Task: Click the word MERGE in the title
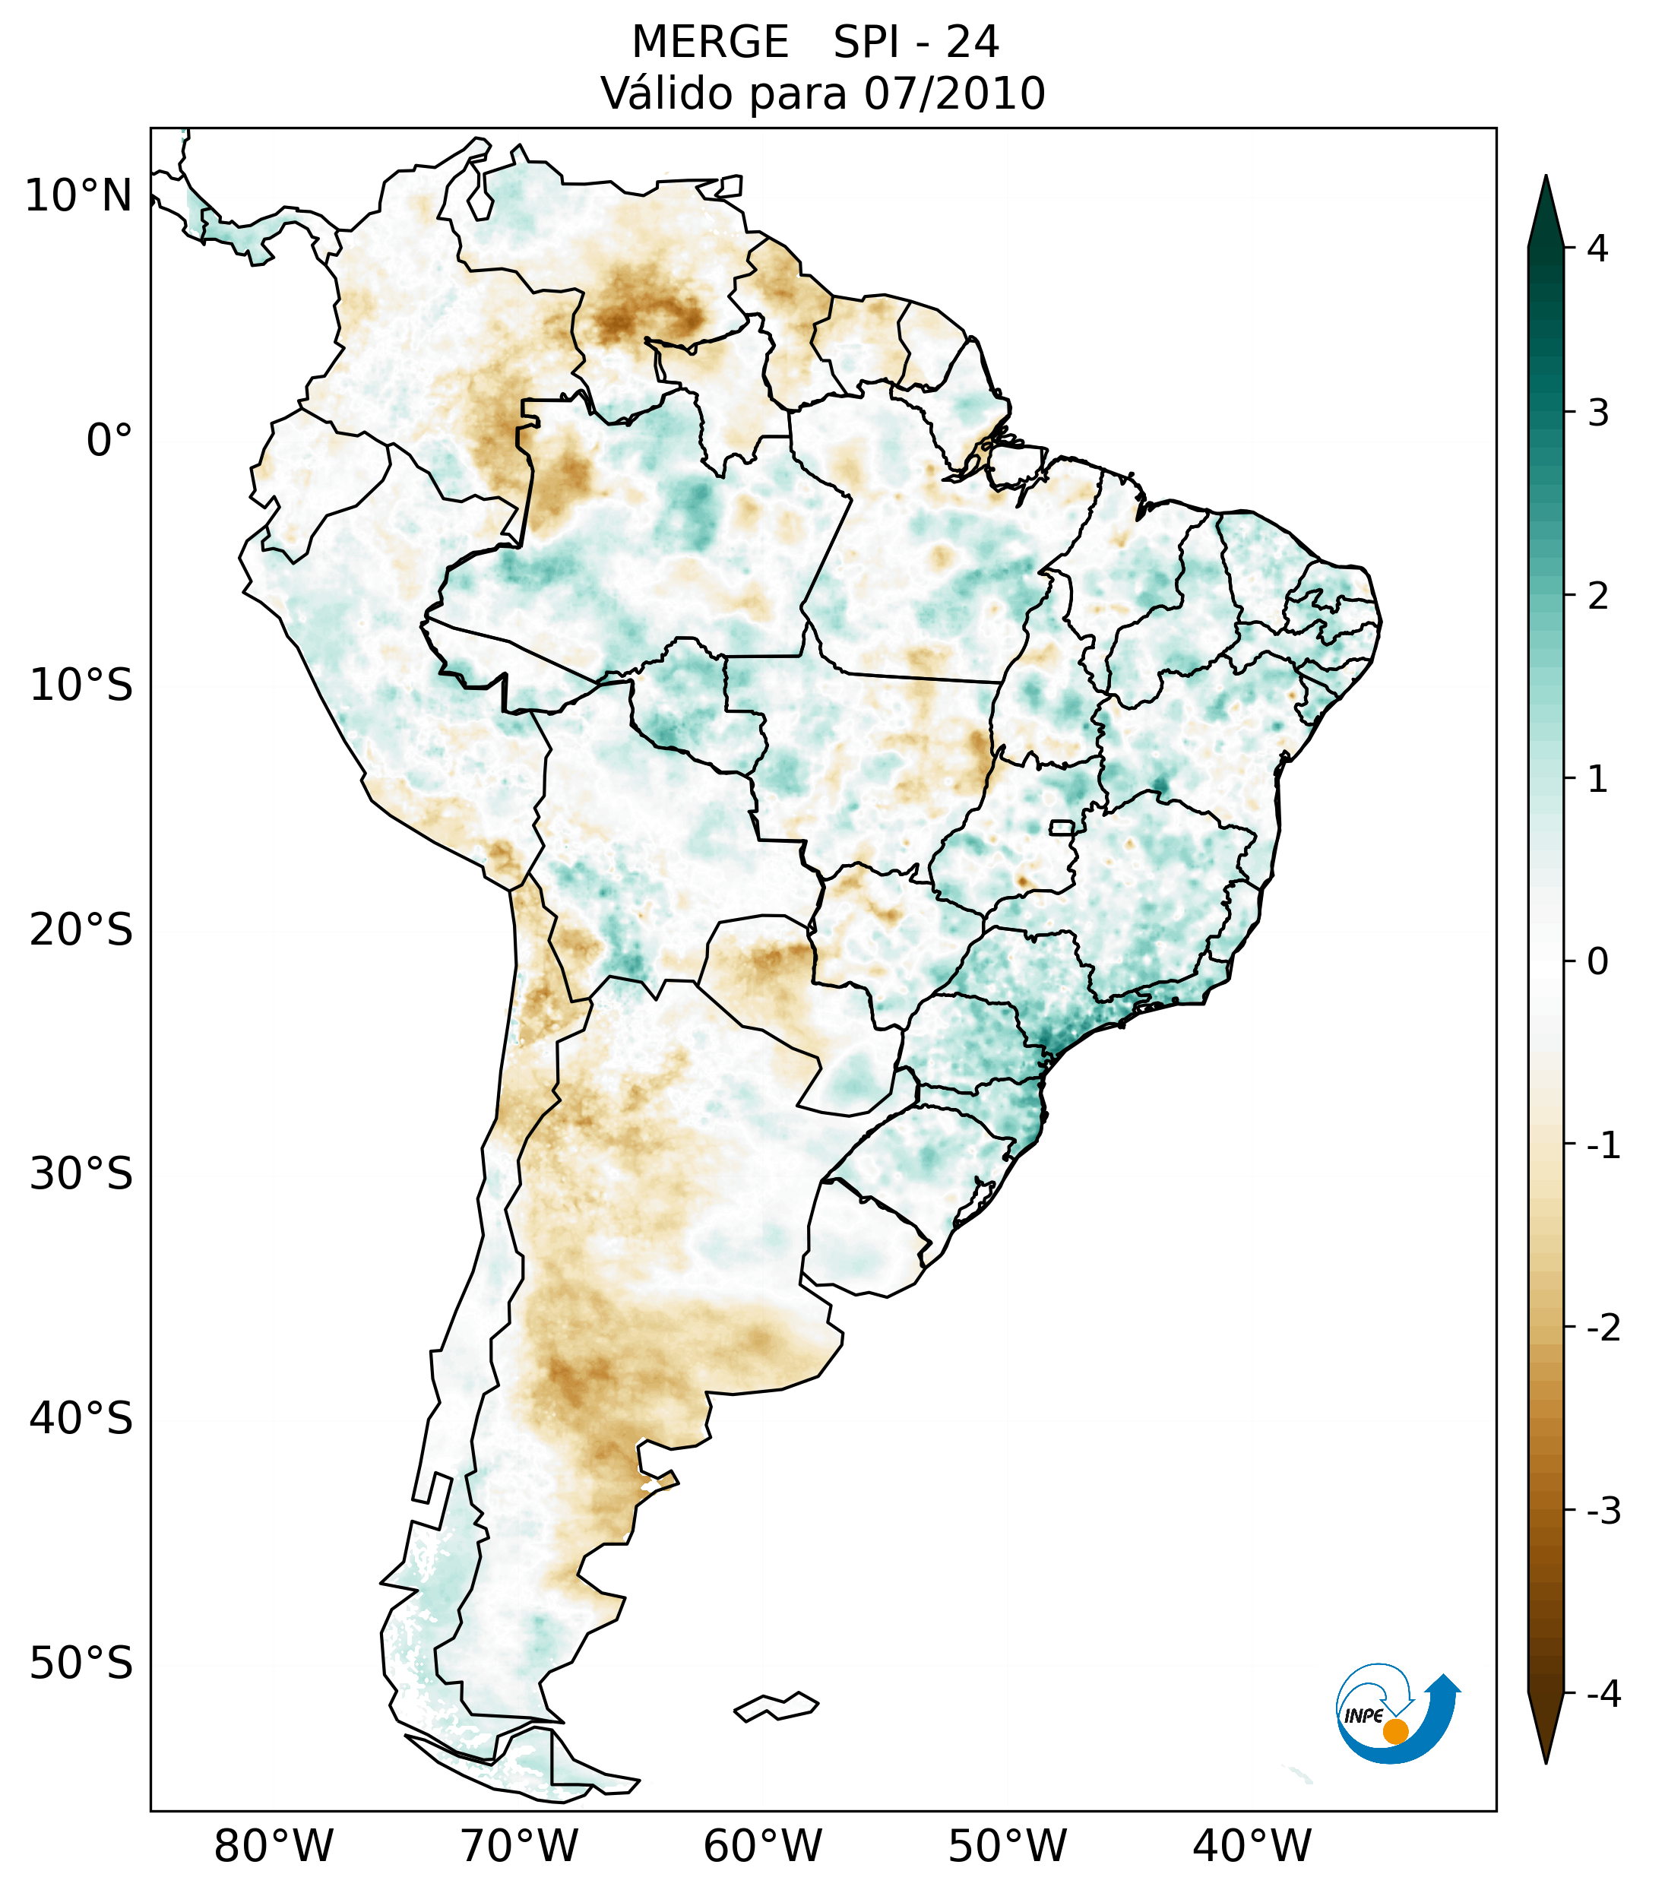711,43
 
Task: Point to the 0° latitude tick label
109,441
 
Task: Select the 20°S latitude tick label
81,930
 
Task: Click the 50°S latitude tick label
81,1664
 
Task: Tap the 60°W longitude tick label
762,1846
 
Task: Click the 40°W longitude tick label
1252,1846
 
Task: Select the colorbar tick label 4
1597,248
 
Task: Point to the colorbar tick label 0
1597,962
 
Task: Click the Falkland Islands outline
776,1706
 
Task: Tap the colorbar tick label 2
1597,597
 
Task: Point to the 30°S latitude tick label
81,1174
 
